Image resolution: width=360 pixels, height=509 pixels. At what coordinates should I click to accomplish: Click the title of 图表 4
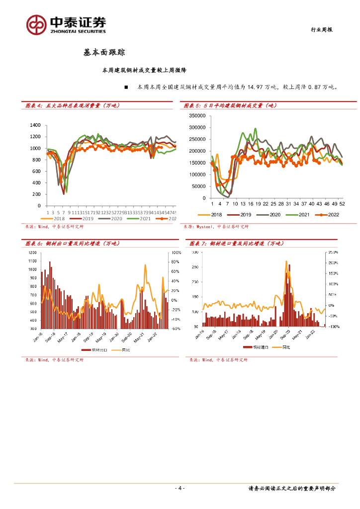pyautogui.click(x=73, y=105)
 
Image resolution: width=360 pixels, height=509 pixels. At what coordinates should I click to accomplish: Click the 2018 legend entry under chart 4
pyautogui.click(x=57, y=218)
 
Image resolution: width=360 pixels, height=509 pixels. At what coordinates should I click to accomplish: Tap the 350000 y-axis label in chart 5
pyautogui.click(x=197, y=116)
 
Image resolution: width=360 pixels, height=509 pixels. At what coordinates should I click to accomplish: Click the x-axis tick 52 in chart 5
pyautogui.click(x=342, y=204)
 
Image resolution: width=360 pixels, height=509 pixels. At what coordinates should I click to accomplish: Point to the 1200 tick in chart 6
pyautogui.click(x=33, y=253)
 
